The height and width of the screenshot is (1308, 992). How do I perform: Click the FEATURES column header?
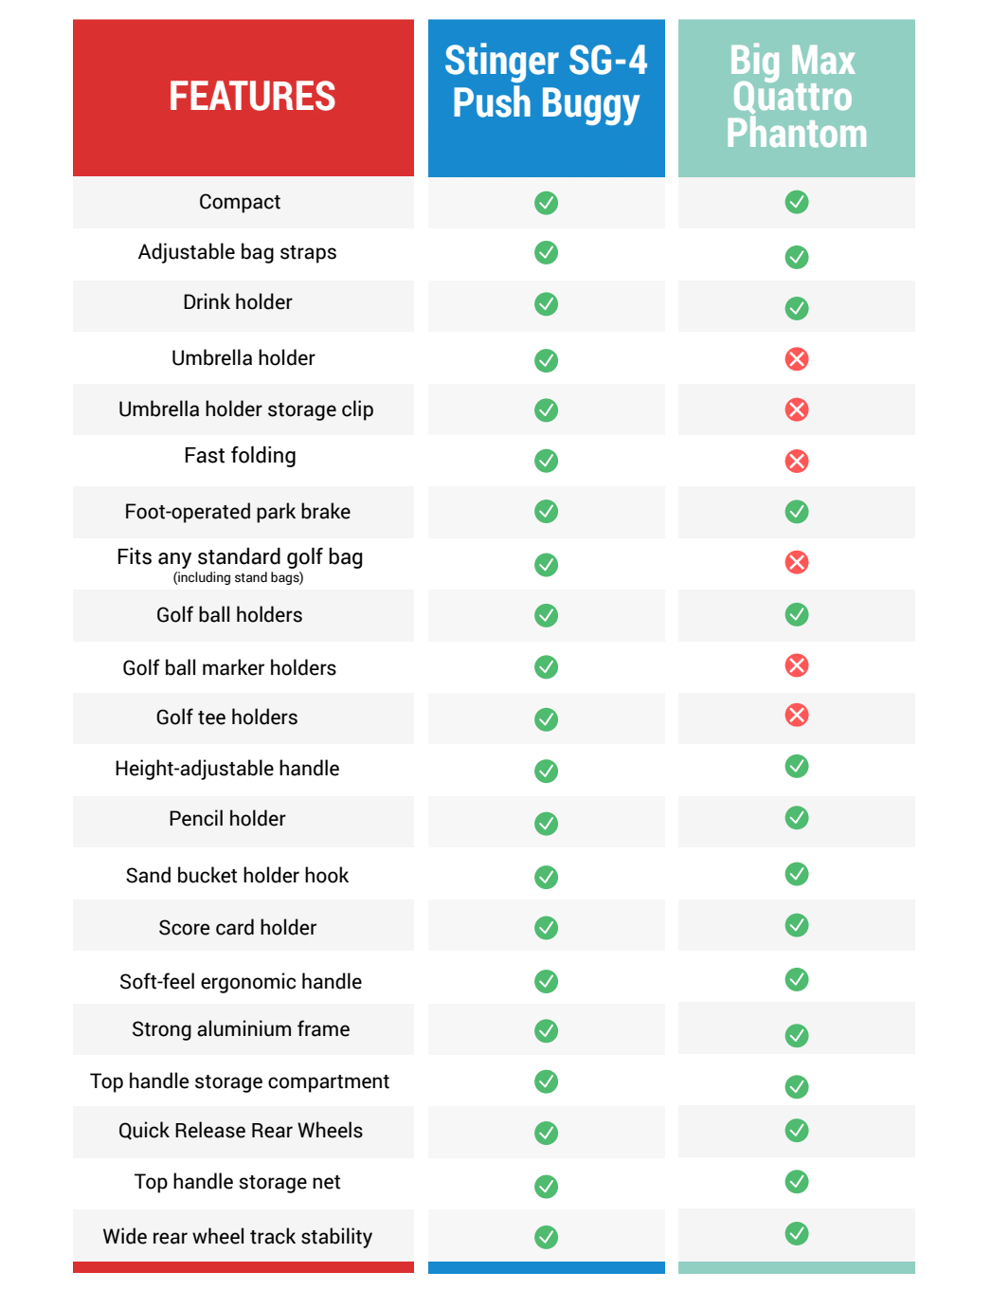[x=252, y=97]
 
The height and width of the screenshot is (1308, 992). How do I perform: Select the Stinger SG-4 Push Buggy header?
[x=546, y=82]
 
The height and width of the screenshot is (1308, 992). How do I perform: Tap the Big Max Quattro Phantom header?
[x=796, y=97]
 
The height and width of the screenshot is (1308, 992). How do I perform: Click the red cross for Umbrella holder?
[x=797, y=359]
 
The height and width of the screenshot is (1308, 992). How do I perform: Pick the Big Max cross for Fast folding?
[x=797, y=462]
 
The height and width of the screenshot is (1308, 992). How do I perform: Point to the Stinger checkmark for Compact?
[x=546, y=203]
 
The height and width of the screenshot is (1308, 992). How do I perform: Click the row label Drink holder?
[x=238, y=302]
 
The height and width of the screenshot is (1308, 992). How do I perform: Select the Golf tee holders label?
[x=227, y=718]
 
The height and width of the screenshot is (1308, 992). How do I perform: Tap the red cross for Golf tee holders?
[x=797, y=716]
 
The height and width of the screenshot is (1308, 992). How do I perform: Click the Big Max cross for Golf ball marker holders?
[x=797, y=665]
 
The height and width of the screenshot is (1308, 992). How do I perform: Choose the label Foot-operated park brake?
[x=238, y=512]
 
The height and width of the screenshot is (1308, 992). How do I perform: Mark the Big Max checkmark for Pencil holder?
[x=797, y=818]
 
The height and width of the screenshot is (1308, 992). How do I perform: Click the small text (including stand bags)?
[x=238, y=578]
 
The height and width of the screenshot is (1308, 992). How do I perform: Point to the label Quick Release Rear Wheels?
[x=241, y=1131]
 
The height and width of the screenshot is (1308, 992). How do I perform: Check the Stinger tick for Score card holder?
[x=546, y=928]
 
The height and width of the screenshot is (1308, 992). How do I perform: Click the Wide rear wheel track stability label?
[x=238, y=1237]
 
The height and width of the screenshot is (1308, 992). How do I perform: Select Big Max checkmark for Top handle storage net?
[x=797, y=1182]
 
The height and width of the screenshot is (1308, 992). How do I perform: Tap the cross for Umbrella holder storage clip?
[x=797, y=409]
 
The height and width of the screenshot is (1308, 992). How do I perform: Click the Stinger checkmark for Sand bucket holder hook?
[x=546, y=878]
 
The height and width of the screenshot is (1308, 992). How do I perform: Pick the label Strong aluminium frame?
[x=241, y=1029]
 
